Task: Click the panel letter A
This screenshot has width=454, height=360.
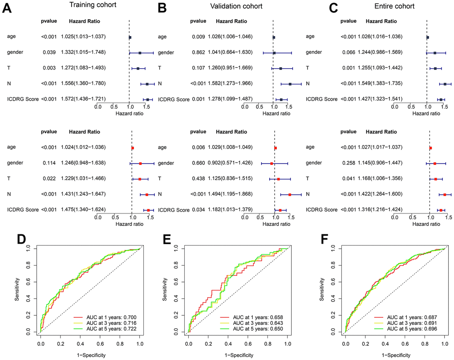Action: [8, 8]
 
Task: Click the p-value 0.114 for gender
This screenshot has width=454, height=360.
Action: [49, 163]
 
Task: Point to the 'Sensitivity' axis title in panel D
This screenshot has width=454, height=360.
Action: [17, 290]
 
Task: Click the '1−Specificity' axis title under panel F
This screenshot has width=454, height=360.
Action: [395, 355]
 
